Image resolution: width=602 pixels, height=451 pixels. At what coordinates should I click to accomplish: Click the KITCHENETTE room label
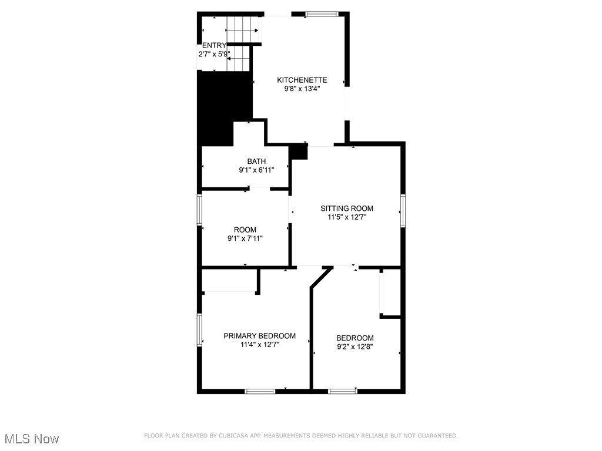(302, 80)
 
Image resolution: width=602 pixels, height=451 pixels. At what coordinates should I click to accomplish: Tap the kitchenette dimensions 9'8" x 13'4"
(302, 89)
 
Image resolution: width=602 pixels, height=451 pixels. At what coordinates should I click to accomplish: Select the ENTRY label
(214, 45)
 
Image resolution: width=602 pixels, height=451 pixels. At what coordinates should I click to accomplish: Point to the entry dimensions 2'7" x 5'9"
(213, 54)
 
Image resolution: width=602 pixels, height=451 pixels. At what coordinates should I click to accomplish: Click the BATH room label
(256, 161)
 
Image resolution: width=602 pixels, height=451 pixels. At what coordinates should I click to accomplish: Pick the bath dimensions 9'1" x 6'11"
(256, 170)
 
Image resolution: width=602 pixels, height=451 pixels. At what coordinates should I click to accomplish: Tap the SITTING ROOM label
(347, 208)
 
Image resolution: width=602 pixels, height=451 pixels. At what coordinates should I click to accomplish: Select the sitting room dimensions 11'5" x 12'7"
(347, 217)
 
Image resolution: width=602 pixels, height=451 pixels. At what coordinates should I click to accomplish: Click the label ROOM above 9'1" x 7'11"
(245, 230)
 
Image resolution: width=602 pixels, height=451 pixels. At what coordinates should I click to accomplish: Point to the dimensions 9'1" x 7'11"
(245, 238)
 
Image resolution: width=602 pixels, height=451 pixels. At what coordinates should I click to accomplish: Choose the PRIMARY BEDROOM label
(259, 336)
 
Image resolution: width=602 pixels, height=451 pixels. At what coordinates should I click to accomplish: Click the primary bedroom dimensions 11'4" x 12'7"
(259, 345)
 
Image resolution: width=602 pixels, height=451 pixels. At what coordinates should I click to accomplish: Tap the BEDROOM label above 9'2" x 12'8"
(354, 338)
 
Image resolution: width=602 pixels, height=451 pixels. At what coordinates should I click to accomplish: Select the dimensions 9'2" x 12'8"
(354, 346)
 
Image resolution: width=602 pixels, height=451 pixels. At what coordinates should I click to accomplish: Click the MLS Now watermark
(32, 439)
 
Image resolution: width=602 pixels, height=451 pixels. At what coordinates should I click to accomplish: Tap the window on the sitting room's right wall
(403, 211)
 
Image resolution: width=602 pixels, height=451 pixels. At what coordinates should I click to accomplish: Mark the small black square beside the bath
(299, 152)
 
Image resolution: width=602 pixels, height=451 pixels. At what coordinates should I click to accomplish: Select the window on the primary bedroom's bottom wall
(260, 391)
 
